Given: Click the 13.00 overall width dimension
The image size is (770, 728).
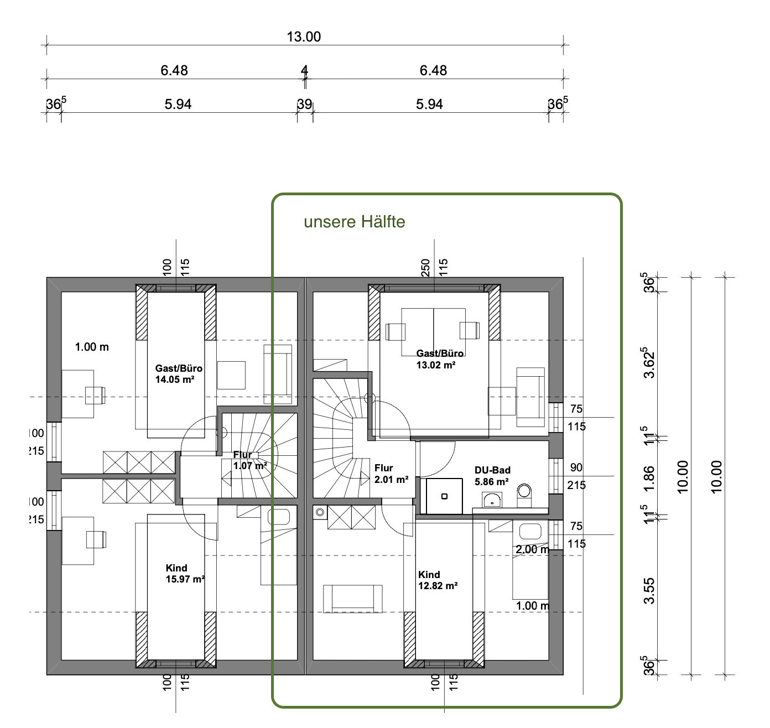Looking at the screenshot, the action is [x=304, y=37].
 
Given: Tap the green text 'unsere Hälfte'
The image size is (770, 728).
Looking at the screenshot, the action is [x=355, y=222].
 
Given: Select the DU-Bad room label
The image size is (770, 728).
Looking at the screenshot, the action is [x=492, y=476].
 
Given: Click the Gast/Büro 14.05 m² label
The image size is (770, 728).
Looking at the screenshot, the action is [x=179, y=374].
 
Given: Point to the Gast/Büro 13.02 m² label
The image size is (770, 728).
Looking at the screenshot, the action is [x=439, y=359].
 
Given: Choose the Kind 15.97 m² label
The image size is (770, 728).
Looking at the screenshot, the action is [x=185, y=573].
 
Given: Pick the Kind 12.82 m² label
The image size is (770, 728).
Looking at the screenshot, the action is [x=438, y=580].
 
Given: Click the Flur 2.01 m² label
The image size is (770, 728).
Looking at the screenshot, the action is [x=391, y=474].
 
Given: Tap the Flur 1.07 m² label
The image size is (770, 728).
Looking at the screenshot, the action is [x=250, y=460].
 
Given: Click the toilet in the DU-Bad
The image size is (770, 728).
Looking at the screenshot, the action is [x=524, y=496].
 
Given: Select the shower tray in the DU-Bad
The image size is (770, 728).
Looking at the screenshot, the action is [x=444, y=496].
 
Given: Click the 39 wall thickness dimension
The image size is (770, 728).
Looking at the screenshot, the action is [x=304, y=104].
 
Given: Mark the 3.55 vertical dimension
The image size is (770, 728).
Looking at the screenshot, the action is [x=649, y=591].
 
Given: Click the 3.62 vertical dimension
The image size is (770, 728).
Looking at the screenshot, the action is [x=649, y=363].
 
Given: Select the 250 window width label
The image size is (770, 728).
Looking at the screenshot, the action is [x=425, y=268].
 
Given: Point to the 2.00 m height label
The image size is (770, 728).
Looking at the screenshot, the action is [x=532, y=549].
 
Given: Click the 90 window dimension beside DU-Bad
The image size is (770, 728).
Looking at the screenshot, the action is [x=576, y=467].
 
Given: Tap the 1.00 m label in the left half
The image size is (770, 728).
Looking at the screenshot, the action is [x=92, y=347].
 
